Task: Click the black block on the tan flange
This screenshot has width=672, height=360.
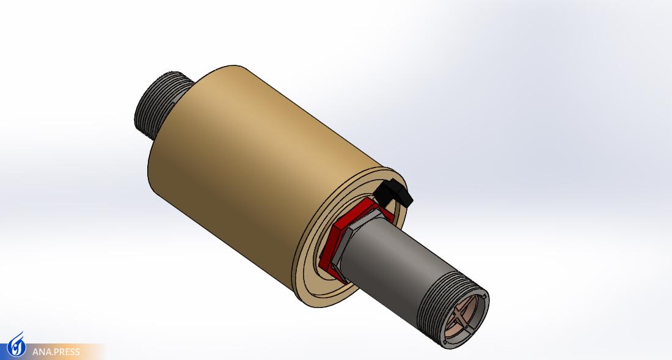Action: [394, 193]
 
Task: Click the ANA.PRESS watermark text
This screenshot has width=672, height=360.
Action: [56, 352]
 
